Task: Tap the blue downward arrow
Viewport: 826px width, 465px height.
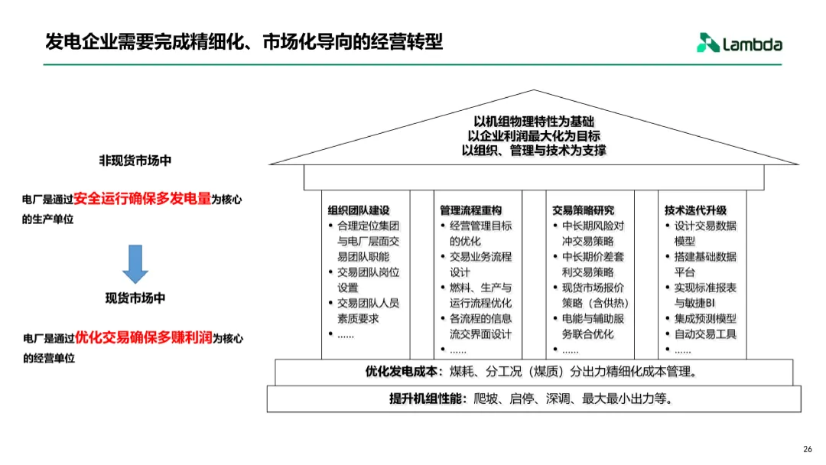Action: [135, 264]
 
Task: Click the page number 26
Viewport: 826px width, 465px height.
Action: [807, 449]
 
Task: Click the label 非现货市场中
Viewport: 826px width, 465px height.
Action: [135, 161]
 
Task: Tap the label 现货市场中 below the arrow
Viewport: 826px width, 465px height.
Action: [135, 298]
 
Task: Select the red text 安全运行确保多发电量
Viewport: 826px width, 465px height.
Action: [143, 199]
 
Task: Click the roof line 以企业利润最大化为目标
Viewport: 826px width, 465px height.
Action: [534, 136]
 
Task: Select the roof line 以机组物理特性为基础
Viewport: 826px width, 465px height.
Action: [534, 122]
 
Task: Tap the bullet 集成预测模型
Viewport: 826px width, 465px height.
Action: [705, 318]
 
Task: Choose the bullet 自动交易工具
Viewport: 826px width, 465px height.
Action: [705, 334]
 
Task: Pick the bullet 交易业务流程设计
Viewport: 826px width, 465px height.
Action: [480, 265]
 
